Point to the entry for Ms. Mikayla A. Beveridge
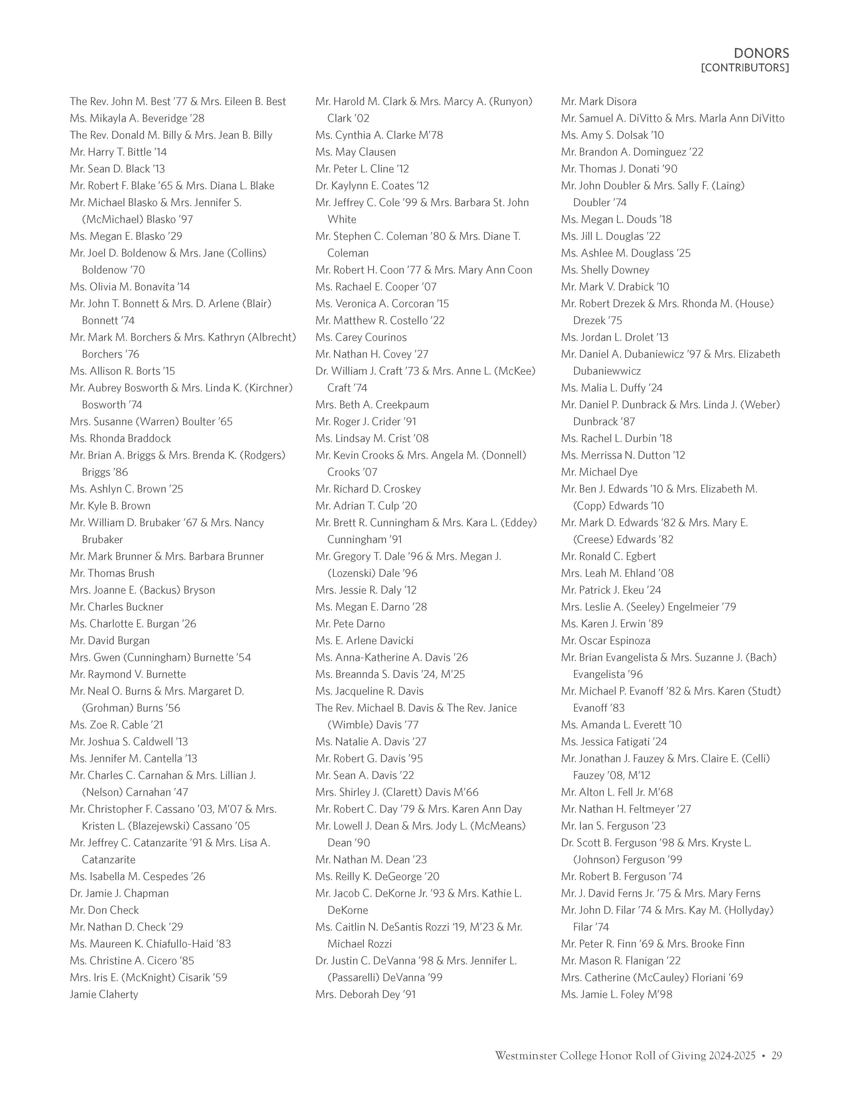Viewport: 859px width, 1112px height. coord(137,118)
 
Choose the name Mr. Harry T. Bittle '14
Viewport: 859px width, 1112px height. coord(118,152)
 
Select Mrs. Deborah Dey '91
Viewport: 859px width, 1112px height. coord(365,994)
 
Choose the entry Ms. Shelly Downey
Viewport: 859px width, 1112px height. coord(605,270)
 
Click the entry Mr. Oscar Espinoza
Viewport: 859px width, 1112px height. coord(606,641)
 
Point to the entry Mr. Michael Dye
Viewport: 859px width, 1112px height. coord(599,472)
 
